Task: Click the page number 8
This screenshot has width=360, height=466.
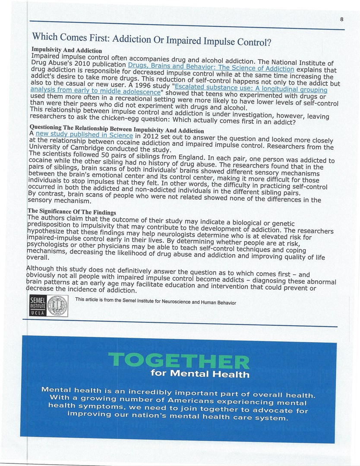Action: click(x=341, y=19)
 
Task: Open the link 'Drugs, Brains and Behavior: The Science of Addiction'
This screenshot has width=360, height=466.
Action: click(x=211, y=67)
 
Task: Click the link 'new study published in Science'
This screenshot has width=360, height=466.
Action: click(x=84, y=135)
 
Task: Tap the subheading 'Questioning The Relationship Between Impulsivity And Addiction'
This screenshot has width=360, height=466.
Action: click(x=117, y=129)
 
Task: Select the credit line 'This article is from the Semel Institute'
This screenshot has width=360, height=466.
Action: click(x=155, y=301)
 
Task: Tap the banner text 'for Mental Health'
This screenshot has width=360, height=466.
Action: click(x=200, y=374)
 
